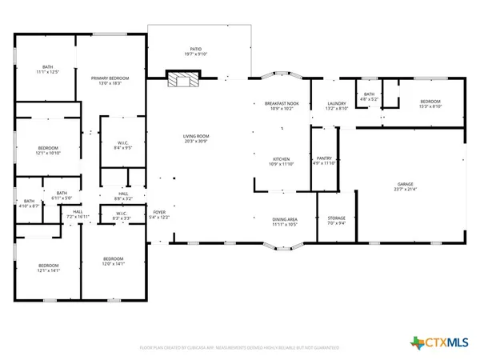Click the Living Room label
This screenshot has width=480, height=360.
pyautogui.click(x=195, y=139)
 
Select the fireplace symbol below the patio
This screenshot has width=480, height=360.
pyautogui.click(x=182, y=78)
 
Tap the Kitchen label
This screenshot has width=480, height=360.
pyautogui.click(x=281, y=162)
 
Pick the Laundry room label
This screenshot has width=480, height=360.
pyautogui.click(x=335, y=106)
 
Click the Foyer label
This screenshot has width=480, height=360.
pyautogui.click(x=160, y=214)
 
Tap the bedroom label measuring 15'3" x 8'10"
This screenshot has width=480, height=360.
pyautogui.click(x=429, y=104)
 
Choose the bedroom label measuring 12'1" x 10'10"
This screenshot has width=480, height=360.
pyautogui.click(x=49, y=151)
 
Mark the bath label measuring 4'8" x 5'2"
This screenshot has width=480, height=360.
pyautogui.click(x=369, y=97)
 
